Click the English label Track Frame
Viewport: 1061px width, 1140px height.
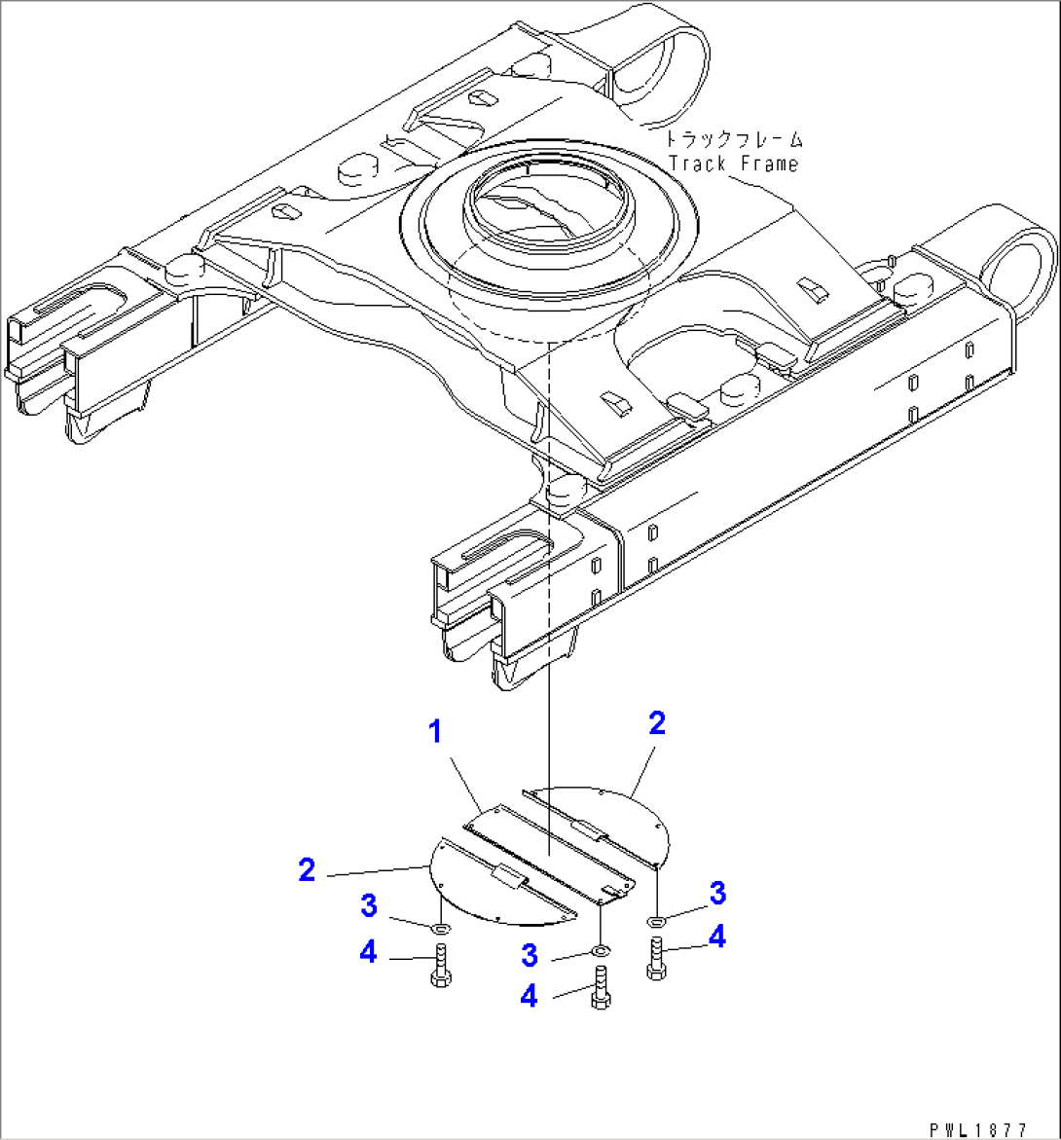tap(733, 163)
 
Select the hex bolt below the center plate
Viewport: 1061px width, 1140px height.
tap(600, 989)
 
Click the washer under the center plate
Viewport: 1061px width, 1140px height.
tap(601, 949)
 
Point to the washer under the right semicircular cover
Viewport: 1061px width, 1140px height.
tap(657, 920)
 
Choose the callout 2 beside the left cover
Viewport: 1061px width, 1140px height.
tap(307, 869)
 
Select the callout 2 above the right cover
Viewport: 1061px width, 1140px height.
tap(657, 722)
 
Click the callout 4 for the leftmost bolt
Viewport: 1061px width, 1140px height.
tap(368, 952)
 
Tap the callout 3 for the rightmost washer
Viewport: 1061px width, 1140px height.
tap(717, 892)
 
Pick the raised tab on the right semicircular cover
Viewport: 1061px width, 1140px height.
tap(591, 829)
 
